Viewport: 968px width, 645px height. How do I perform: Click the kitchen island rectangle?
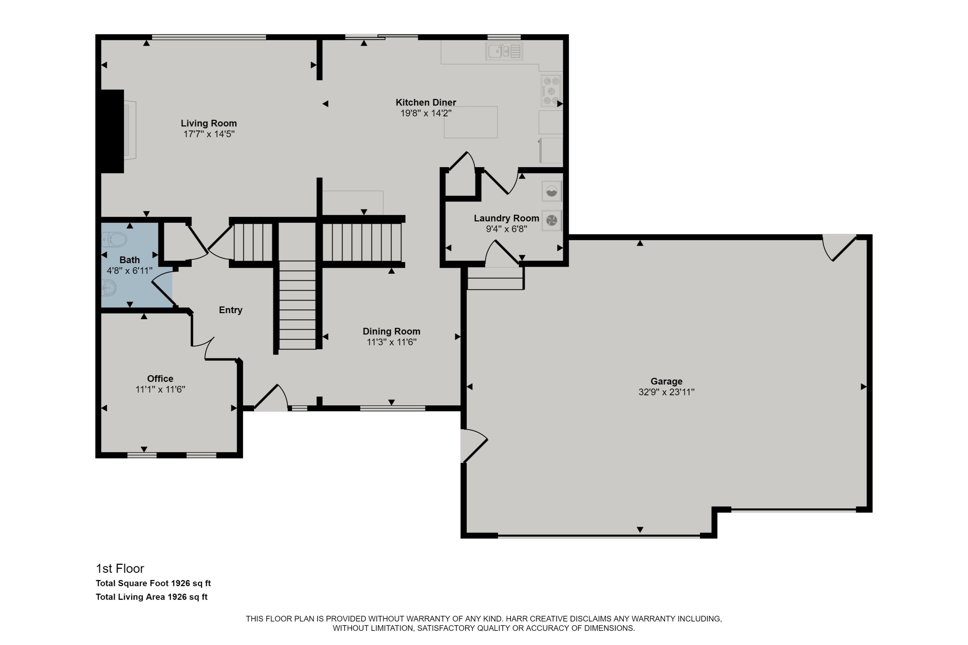point(470,122)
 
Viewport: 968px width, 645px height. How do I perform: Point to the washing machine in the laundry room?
point(551,192)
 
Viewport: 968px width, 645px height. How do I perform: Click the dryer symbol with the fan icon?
point(551,221)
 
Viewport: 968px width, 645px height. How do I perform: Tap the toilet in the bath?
point(115,239)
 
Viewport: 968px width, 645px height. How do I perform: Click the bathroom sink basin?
point(109,288)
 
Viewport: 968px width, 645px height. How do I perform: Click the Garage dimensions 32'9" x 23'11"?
point(666,392)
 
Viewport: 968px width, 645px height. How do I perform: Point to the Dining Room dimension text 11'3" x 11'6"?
point(391,342)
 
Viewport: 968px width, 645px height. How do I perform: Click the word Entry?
point(230,310)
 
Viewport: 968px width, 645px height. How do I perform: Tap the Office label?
point(160,378)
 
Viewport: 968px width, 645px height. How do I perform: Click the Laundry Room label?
point(506,218)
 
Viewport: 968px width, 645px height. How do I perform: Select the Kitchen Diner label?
point(426,103)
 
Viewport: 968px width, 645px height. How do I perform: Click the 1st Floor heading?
point(120,569)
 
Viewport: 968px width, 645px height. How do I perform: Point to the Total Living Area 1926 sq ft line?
point(151,597)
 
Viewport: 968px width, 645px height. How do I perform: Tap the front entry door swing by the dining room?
point(269,398)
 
